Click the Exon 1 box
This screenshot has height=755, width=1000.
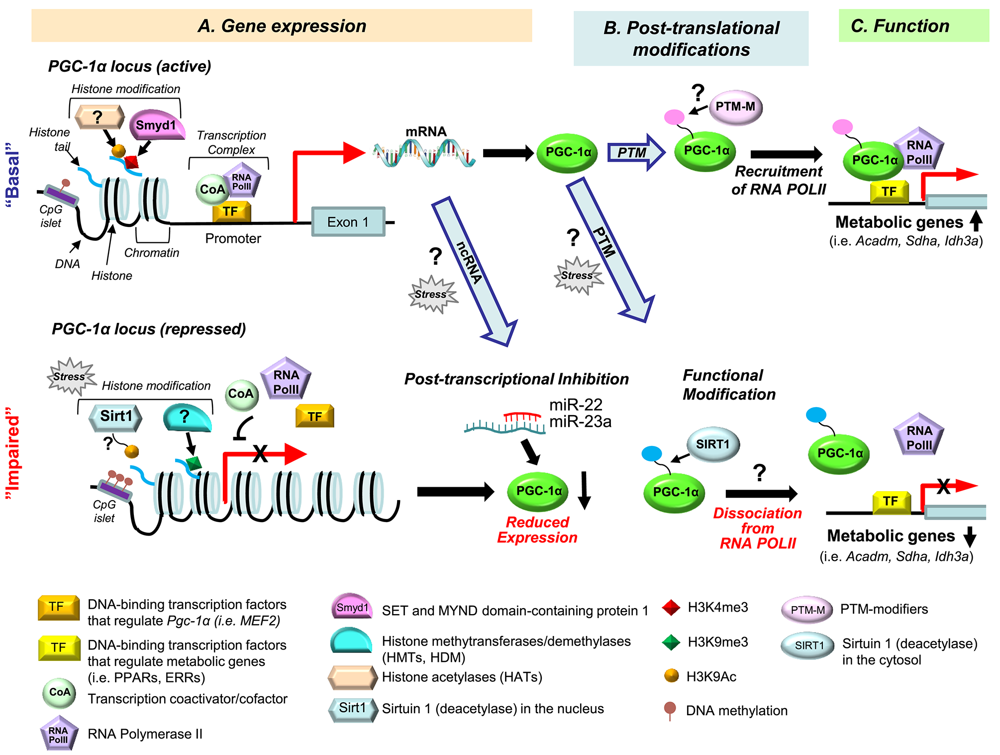(348, 222)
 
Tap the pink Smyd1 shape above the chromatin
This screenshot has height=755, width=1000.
(156, 125)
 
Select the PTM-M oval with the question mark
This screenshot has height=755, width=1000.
(735, 107)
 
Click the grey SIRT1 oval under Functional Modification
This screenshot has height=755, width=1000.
(712, 444)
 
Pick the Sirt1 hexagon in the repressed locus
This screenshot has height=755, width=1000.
(115, 417)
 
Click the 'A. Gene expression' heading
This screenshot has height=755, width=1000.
(282, 26)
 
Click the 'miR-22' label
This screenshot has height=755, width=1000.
(576, 405)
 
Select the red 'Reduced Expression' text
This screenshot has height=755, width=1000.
(537, 530)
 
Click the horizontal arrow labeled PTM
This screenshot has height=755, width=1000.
(635, 152)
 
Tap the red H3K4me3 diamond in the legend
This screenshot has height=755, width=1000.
(671, 608)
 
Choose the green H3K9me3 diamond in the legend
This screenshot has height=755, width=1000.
(671, 642)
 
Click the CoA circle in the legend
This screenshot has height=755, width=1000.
(59, 692)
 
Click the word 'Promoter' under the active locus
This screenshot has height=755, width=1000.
(233, 238)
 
